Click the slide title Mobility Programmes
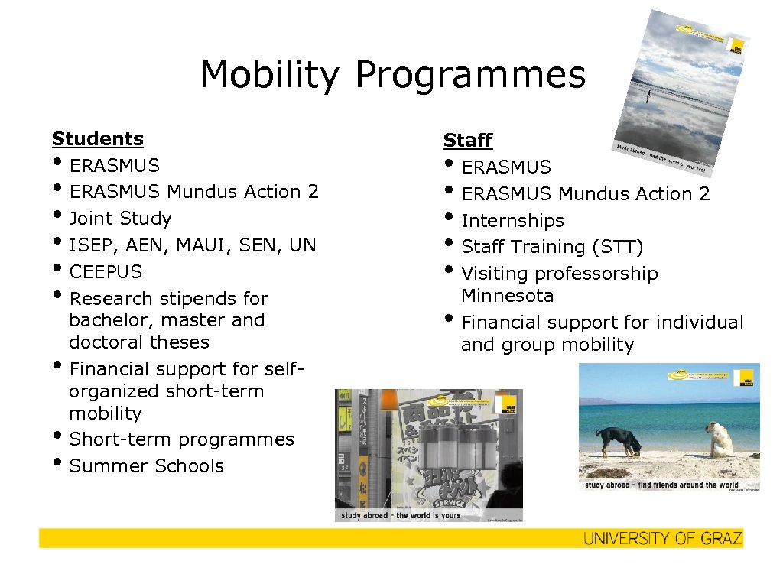392,75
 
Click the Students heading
98,139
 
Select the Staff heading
468,141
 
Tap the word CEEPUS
106,271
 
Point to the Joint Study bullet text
120,219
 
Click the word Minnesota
507,296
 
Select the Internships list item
512,221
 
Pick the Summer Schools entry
146,466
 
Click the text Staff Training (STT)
552,247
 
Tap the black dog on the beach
618,441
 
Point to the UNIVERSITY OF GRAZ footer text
662,539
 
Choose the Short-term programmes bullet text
181,439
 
